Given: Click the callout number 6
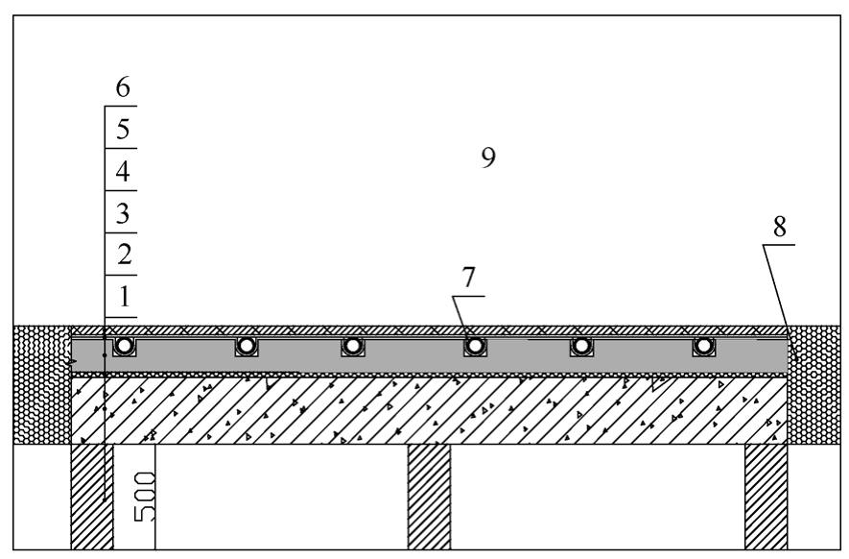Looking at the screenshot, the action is coord(123,86).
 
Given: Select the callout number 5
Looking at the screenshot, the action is coord(123,129).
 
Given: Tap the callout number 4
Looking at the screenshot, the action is coord(123,171).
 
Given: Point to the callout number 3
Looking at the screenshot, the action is coord(123,213).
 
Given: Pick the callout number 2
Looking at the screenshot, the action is coord(124,255).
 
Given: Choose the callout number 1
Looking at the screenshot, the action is coord(125,297).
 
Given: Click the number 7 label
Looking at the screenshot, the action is coord(468,277).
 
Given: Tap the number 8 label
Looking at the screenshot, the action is coord(779,227).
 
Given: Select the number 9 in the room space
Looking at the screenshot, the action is coord(488,158).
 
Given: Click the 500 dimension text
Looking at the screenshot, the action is coord(145,497).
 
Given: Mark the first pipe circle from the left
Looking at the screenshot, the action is coord(125,346).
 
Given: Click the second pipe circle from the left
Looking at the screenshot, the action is coord(247,346).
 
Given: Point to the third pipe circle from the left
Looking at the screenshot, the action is coord(352,346).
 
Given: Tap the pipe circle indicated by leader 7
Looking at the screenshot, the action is coord(475,346).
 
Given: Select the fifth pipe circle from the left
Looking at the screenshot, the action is coord(581,346).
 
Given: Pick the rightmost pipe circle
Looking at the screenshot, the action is coord(703,346).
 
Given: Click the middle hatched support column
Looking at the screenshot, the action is coord(429,497).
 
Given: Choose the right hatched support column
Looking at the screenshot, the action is coord(766,497).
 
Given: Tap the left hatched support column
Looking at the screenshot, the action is coord(92,497).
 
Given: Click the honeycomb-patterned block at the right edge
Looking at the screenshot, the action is coord(814,385).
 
